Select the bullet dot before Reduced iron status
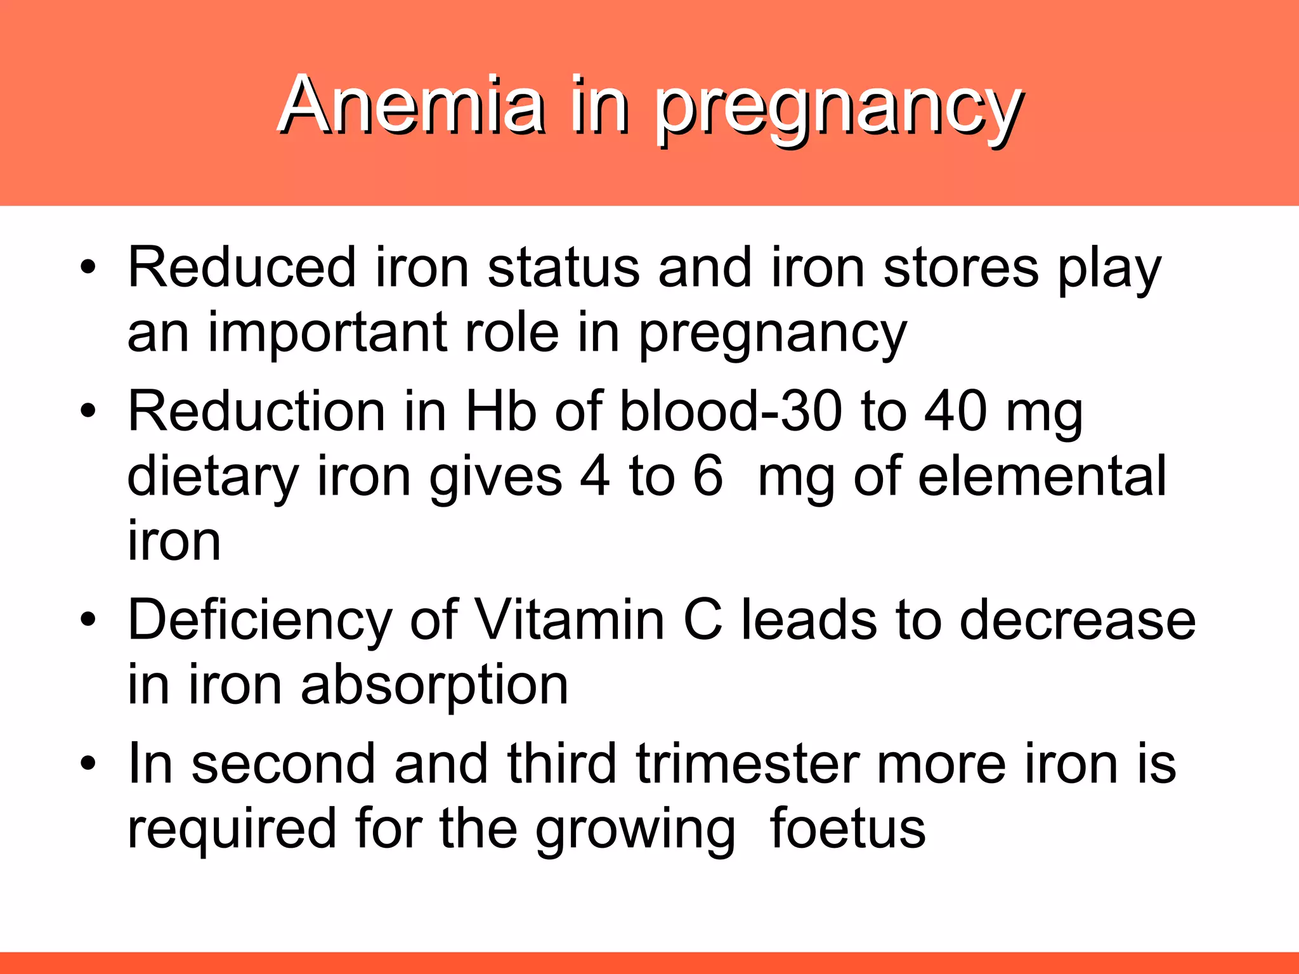(88, 266)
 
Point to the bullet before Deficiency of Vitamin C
(88, 618)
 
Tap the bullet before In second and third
(88, 762)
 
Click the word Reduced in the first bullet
(242, 268)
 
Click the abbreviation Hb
(501, 412)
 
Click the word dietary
(213, 477)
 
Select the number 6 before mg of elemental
(708, 476)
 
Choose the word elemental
(1042, 476)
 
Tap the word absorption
(434, 685)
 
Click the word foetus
(848, 828)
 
